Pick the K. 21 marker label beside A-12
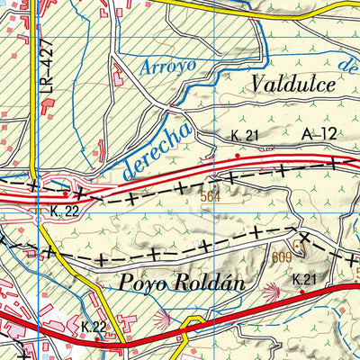pos(244,135)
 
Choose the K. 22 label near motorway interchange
pos(52,210)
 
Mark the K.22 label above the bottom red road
pos(93,325)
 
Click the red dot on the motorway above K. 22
pos(66,192)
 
